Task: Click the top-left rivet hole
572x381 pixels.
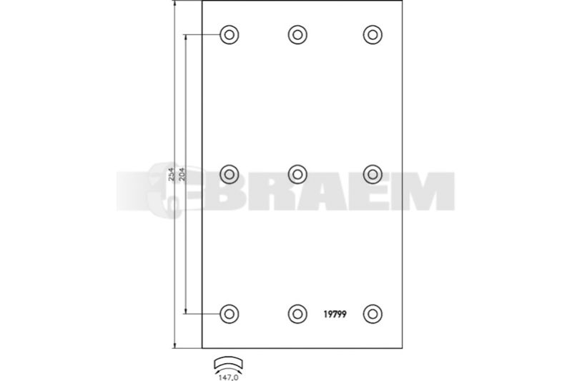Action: click(x=229, y=34)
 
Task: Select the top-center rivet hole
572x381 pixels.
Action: click(x=297, y=34)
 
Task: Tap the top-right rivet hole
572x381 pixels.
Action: click(x=373, y=34)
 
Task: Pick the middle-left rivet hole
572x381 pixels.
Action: click(x=229, y=174)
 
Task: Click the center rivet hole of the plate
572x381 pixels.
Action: click(x=297, y=174)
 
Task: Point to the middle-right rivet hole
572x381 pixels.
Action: click(x=373, y=174)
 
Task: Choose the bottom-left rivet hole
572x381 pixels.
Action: click(x=229, y=314)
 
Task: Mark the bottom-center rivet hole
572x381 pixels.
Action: click(x=297, y=314)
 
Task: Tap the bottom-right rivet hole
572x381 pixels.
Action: click(x=373, y=314)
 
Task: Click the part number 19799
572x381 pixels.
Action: click(x=335, y=314)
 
